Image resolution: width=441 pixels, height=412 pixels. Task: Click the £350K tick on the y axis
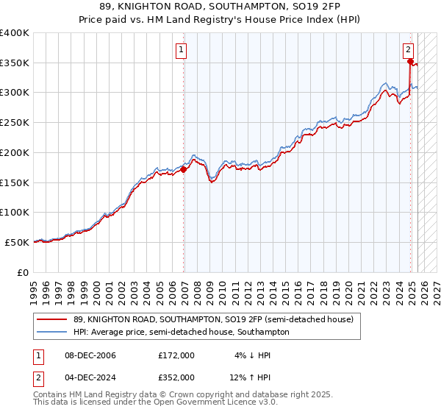coord(15,63)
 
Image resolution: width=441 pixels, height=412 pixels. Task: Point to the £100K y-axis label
coord(15,212)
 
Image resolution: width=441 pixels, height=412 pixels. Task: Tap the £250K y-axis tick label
coord(15,122)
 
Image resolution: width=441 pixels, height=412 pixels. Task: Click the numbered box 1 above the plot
coord(182,50)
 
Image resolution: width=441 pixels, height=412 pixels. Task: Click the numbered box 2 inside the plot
coord(408,50)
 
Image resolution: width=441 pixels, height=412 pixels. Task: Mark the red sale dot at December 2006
coord(184,169)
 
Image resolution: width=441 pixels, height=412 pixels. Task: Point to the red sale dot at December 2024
coord(409,62)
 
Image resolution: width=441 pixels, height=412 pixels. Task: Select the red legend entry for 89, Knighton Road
coord(214,319)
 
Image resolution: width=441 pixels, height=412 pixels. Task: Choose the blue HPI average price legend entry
coord(181,332)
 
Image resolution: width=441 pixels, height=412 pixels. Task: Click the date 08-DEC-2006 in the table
coord(90,355)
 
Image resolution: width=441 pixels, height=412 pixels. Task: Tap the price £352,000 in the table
coord(176,377)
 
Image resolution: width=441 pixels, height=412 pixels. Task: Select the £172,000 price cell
coord(176,355)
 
